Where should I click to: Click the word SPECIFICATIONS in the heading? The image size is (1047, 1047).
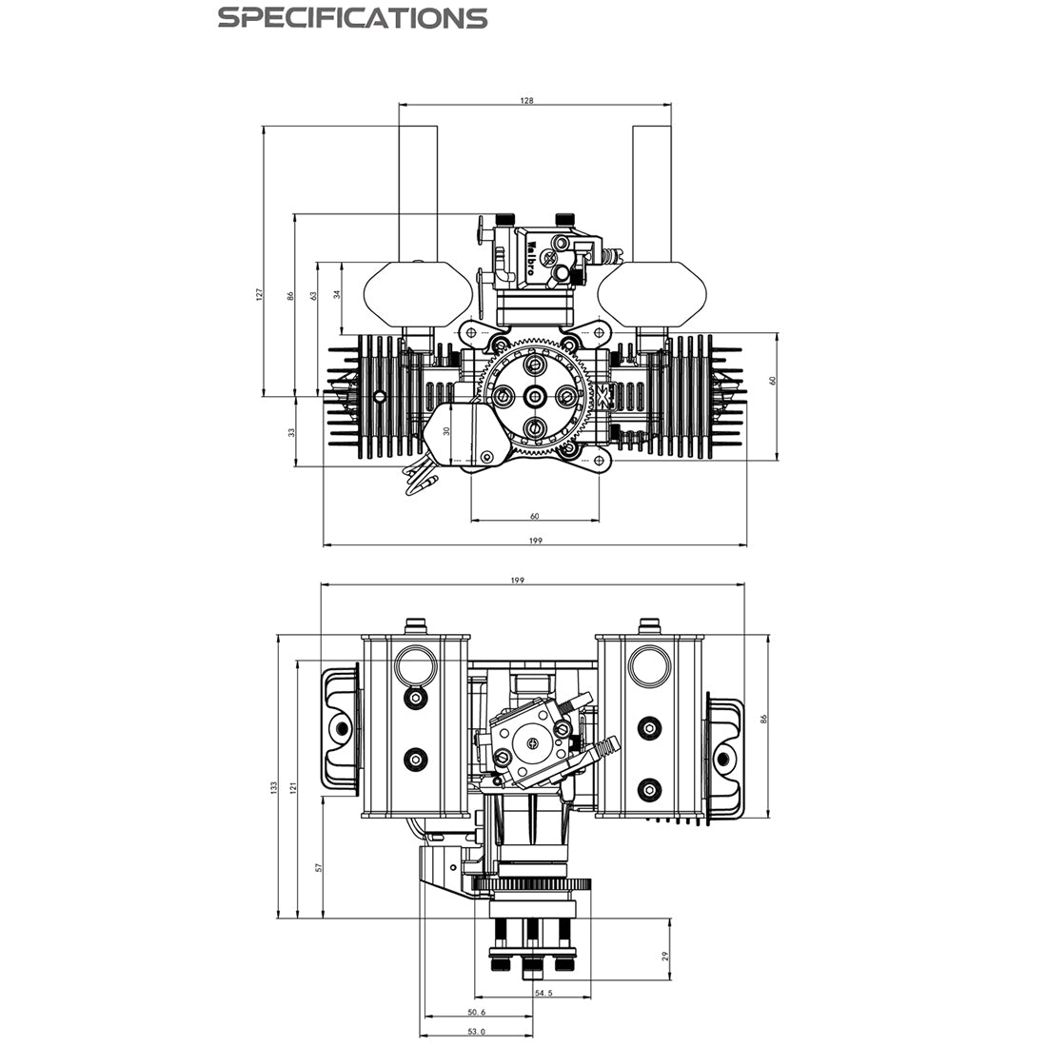coord(352,18)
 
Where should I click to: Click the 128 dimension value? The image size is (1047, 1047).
coord(527,99)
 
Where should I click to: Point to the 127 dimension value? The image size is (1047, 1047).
coord(258,296)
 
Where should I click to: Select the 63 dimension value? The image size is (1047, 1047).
coord(313,296)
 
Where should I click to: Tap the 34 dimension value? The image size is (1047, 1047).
coord(337,296)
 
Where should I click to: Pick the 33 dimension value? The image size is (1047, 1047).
coord(292,431)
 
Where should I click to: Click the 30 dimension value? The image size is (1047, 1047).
coord(446,430)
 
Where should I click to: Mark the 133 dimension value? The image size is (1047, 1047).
coord(273,787)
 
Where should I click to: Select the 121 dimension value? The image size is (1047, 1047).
coord(293,787)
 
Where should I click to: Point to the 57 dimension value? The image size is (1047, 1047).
coord(319,867)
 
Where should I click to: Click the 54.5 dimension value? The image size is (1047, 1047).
coord(543,993)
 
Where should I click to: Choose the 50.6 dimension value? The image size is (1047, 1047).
coord(477,1012)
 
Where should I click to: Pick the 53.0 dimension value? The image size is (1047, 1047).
coord(477,1031)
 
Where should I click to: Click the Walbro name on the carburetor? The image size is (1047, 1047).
coord(529,256)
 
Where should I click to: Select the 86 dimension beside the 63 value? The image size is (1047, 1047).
coord(291,296)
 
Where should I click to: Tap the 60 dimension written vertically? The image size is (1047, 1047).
coord(773,380)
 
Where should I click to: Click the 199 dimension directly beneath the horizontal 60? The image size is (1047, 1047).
coord(534,541)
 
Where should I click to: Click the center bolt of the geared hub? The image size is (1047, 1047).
coord(536,396)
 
